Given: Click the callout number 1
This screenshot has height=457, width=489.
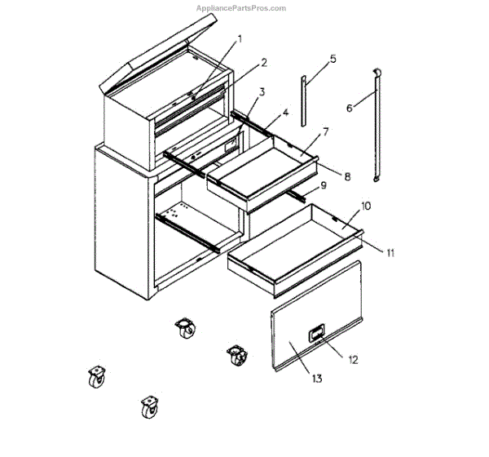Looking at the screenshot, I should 240,38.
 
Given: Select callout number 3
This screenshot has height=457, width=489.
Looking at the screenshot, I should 262,92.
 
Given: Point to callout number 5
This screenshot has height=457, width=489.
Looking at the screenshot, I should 333,59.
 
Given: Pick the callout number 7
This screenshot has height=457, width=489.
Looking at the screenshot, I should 324,131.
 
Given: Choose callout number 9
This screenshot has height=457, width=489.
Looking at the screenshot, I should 323,186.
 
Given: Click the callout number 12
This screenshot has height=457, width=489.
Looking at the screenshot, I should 352,358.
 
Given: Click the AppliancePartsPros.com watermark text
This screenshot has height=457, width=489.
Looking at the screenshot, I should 241,9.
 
